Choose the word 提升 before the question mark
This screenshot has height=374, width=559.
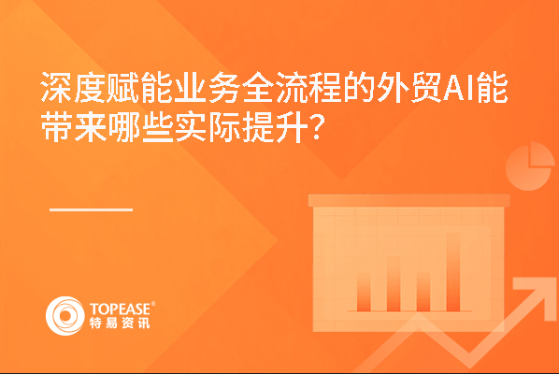[x=275, y=127]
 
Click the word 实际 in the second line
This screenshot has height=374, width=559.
[x=208, y=127]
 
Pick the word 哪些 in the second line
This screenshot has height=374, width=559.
[x=140, y=127]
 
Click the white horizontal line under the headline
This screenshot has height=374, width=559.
[x=92, y=209]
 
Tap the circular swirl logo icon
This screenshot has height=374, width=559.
[x=65, y=316]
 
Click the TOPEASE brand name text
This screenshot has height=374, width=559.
[x=121, y=309]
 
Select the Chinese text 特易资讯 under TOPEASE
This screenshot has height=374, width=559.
[x=120, y=323]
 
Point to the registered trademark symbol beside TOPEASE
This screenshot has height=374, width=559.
[x=153, y=304]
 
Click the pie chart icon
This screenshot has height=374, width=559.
[x=529, y=166]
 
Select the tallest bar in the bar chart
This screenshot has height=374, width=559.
[x=453, y=272]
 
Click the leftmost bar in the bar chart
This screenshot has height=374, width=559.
[x=364, y=292]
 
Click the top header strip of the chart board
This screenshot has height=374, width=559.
[x=408, y=200]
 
